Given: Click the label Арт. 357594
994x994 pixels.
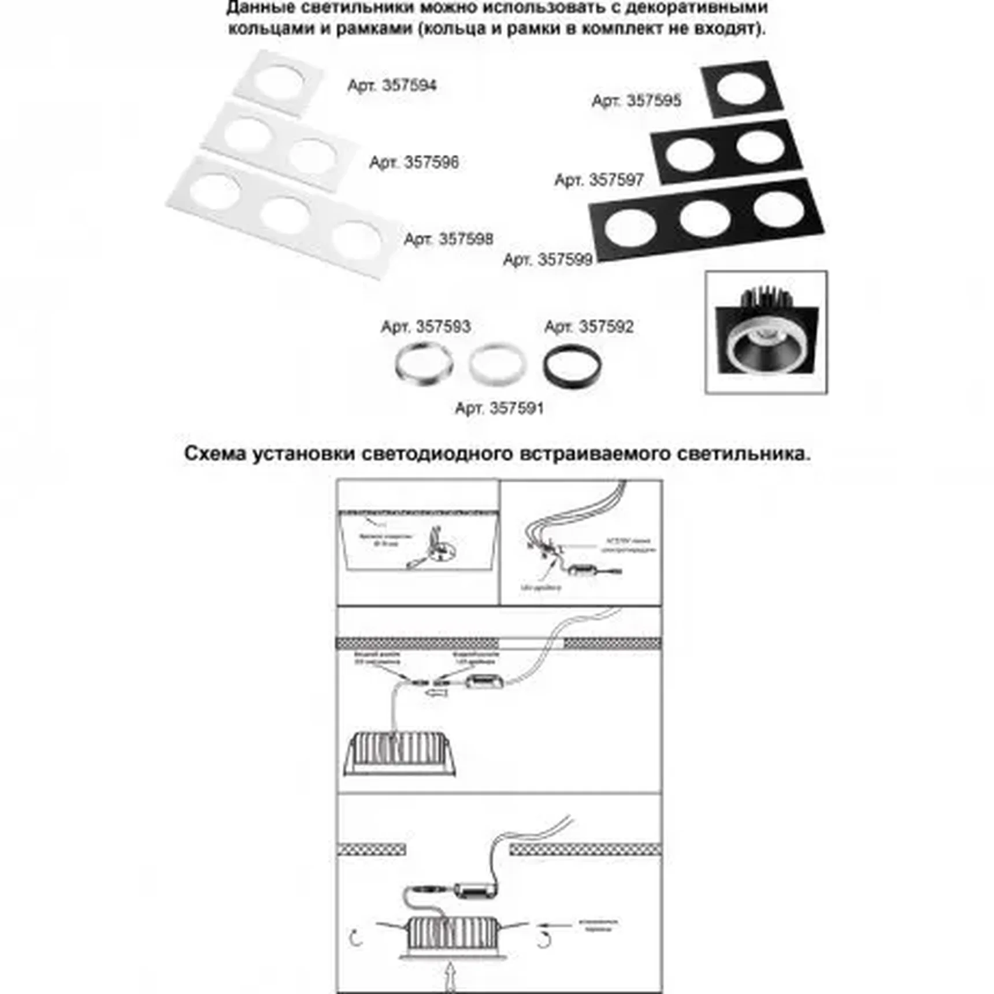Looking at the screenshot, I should tap(392, 86).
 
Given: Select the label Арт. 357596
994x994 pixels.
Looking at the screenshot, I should tap(414, 162).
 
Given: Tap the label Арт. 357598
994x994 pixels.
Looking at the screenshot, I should tap(448, 239).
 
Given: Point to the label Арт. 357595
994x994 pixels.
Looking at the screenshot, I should tap(636, 101).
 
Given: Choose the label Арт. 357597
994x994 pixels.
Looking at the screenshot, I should tap(599, 180).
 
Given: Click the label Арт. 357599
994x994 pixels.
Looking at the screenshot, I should tap(548, 259).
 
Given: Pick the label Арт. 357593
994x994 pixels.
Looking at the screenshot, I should tap(426, 327).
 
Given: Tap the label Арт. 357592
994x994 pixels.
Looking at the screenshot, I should tap(589, 327).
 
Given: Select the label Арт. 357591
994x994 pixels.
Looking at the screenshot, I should tap(499, 409).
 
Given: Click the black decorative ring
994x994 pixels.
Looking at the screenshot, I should tap(572, 365).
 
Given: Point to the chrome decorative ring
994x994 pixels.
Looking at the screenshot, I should tap(424, 365).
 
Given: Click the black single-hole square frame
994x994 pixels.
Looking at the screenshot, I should tap(741, 89).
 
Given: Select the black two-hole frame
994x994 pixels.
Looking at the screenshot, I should tap(726, 151).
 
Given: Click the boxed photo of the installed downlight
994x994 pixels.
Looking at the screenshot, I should tap(766, 333).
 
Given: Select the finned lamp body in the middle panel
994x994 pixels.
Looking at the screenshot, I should tap(400, 754).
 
